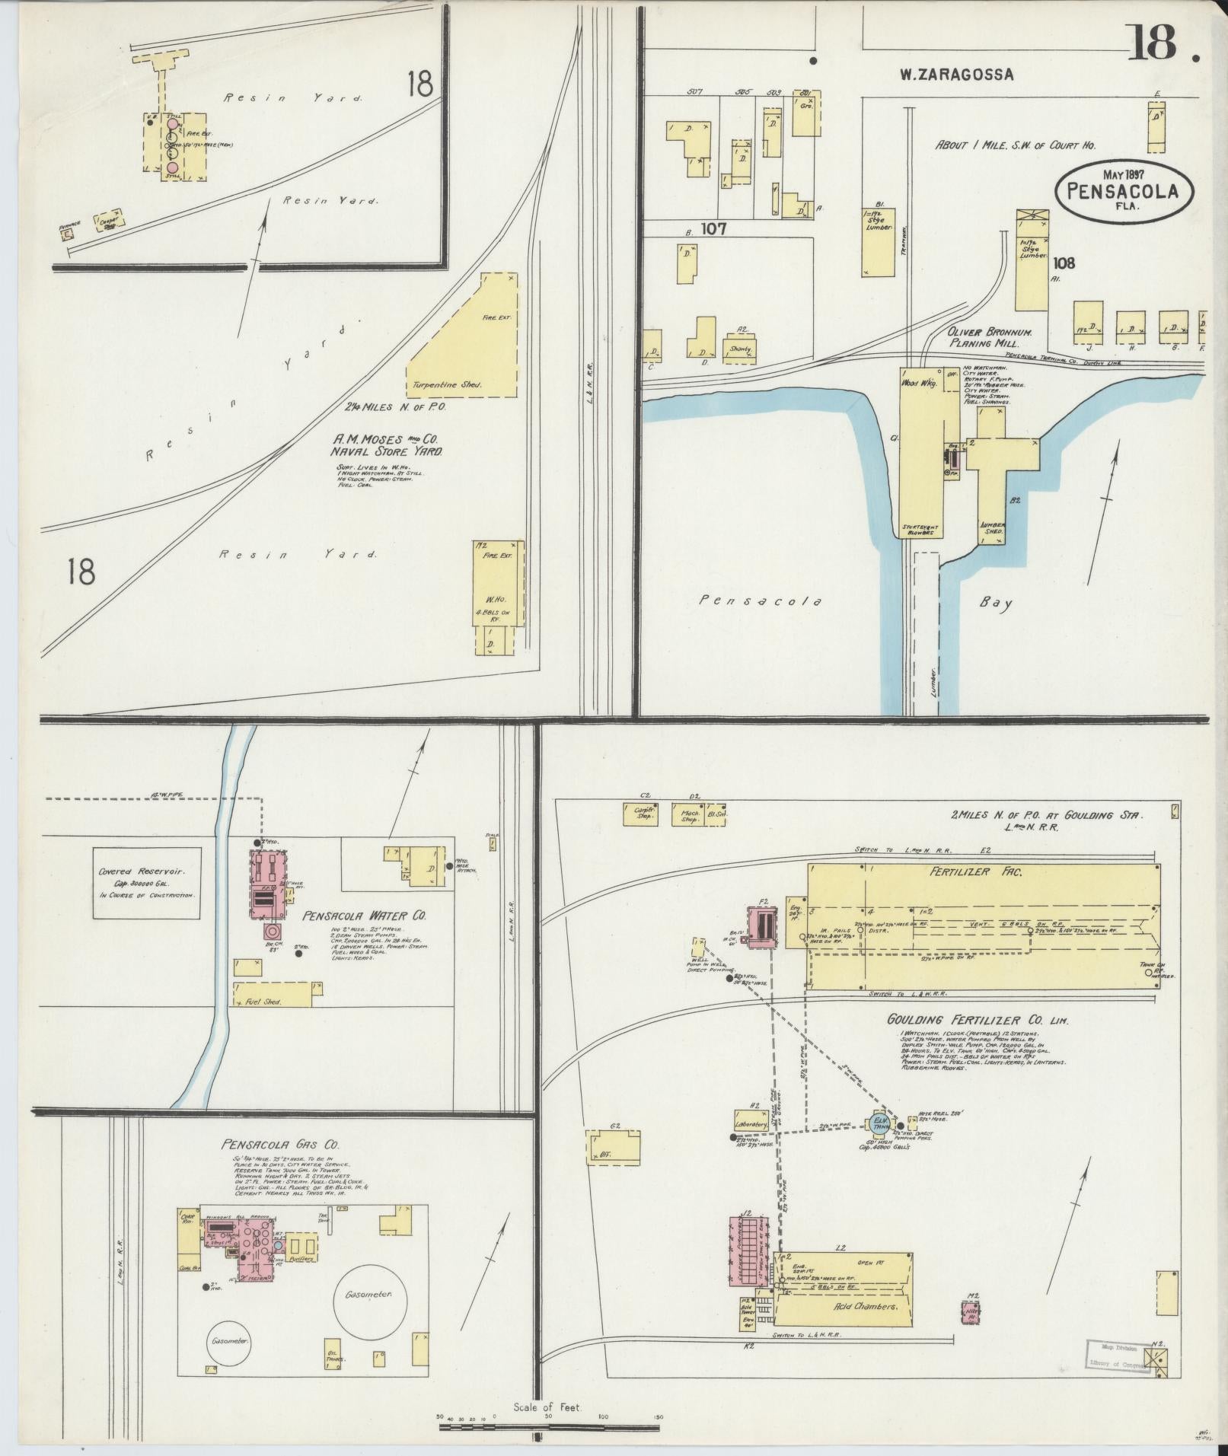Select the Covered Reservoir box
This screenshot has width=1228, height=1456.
[147, 883]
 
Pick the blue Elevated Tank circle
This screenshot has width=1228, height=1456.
[881, 1123]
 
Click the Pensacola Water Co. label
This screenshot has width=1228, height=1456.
[365, 916]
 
